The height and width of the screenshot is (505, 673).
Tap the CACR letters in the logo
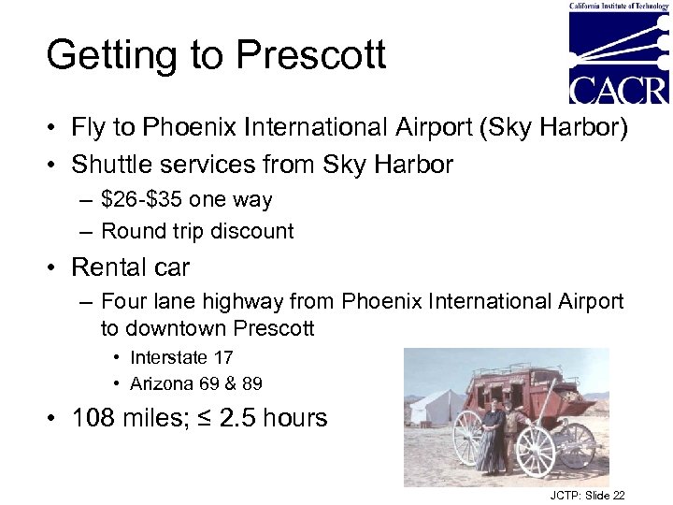click(x=619, y=89)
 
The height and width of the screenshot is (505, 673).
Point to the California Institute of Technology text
click(x=619, y=6)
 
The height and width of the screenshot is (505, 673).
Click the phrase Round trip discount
click(x=197, y=231)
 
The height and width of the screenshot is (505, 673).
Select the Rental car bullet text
click(x=130, y=267)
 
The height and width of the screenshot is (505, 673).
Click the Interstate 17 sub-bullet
click(x=181, y=357)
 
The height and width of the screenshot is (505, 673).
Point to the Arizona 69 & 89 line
click(x=195, y=383)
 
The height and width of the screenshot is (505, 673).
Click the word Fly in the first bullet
click(x=89, y=128)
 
